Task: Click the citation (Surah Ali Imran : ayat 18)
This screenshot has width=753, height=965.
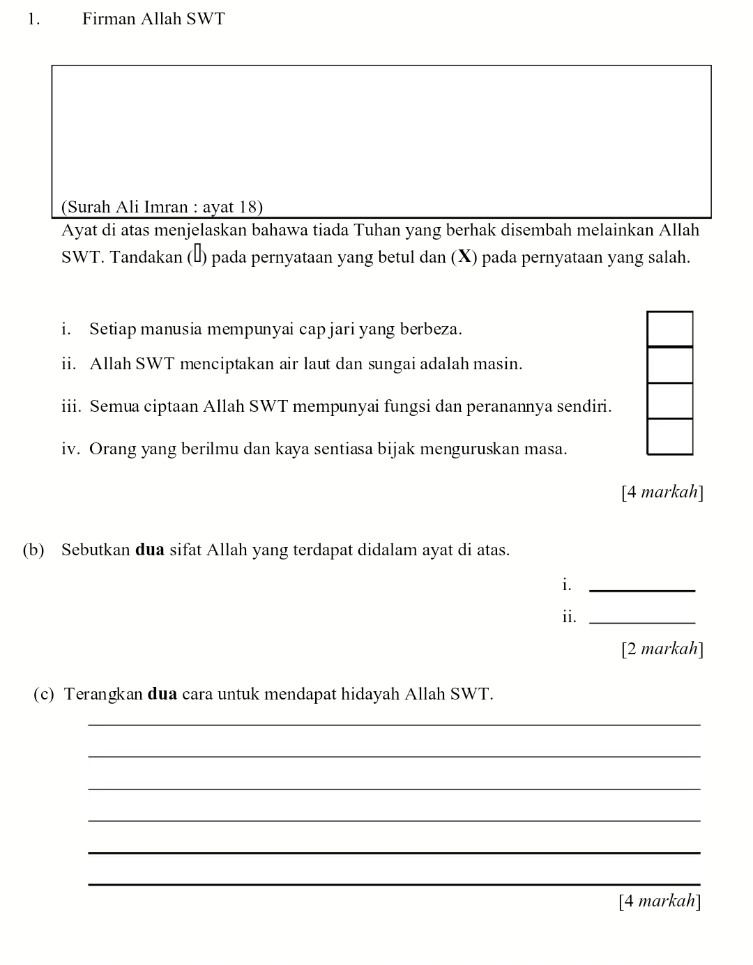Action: click(x=162, y=207)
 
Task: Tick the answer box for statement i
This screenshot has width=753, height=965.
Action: click(x=670, y=328)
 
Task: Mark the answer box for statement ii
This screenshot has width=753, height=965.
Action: click(x=670, y=364)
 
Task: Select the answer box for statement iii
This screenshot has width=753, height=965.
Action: click(x=670, y=401)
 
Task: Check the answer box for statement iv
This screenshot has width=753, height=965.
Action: click(x=670, y=437)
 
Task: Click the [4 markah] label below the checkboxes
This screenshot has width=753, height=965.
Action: click(x=662, y=492)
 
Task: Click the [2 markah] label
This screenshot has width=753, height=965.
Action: click(x=662, y=649)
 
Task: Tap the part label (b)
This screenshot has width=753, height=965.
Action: click(x=33, y=550)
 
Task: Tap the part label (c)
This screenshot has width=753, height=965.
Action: click(x=44, y=694)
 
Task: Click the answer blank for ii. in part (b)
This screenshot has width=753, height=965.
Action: click(x=642, y=619)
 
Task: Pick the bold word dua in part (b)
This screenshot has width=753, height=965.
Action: click(x=149, y=550)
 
